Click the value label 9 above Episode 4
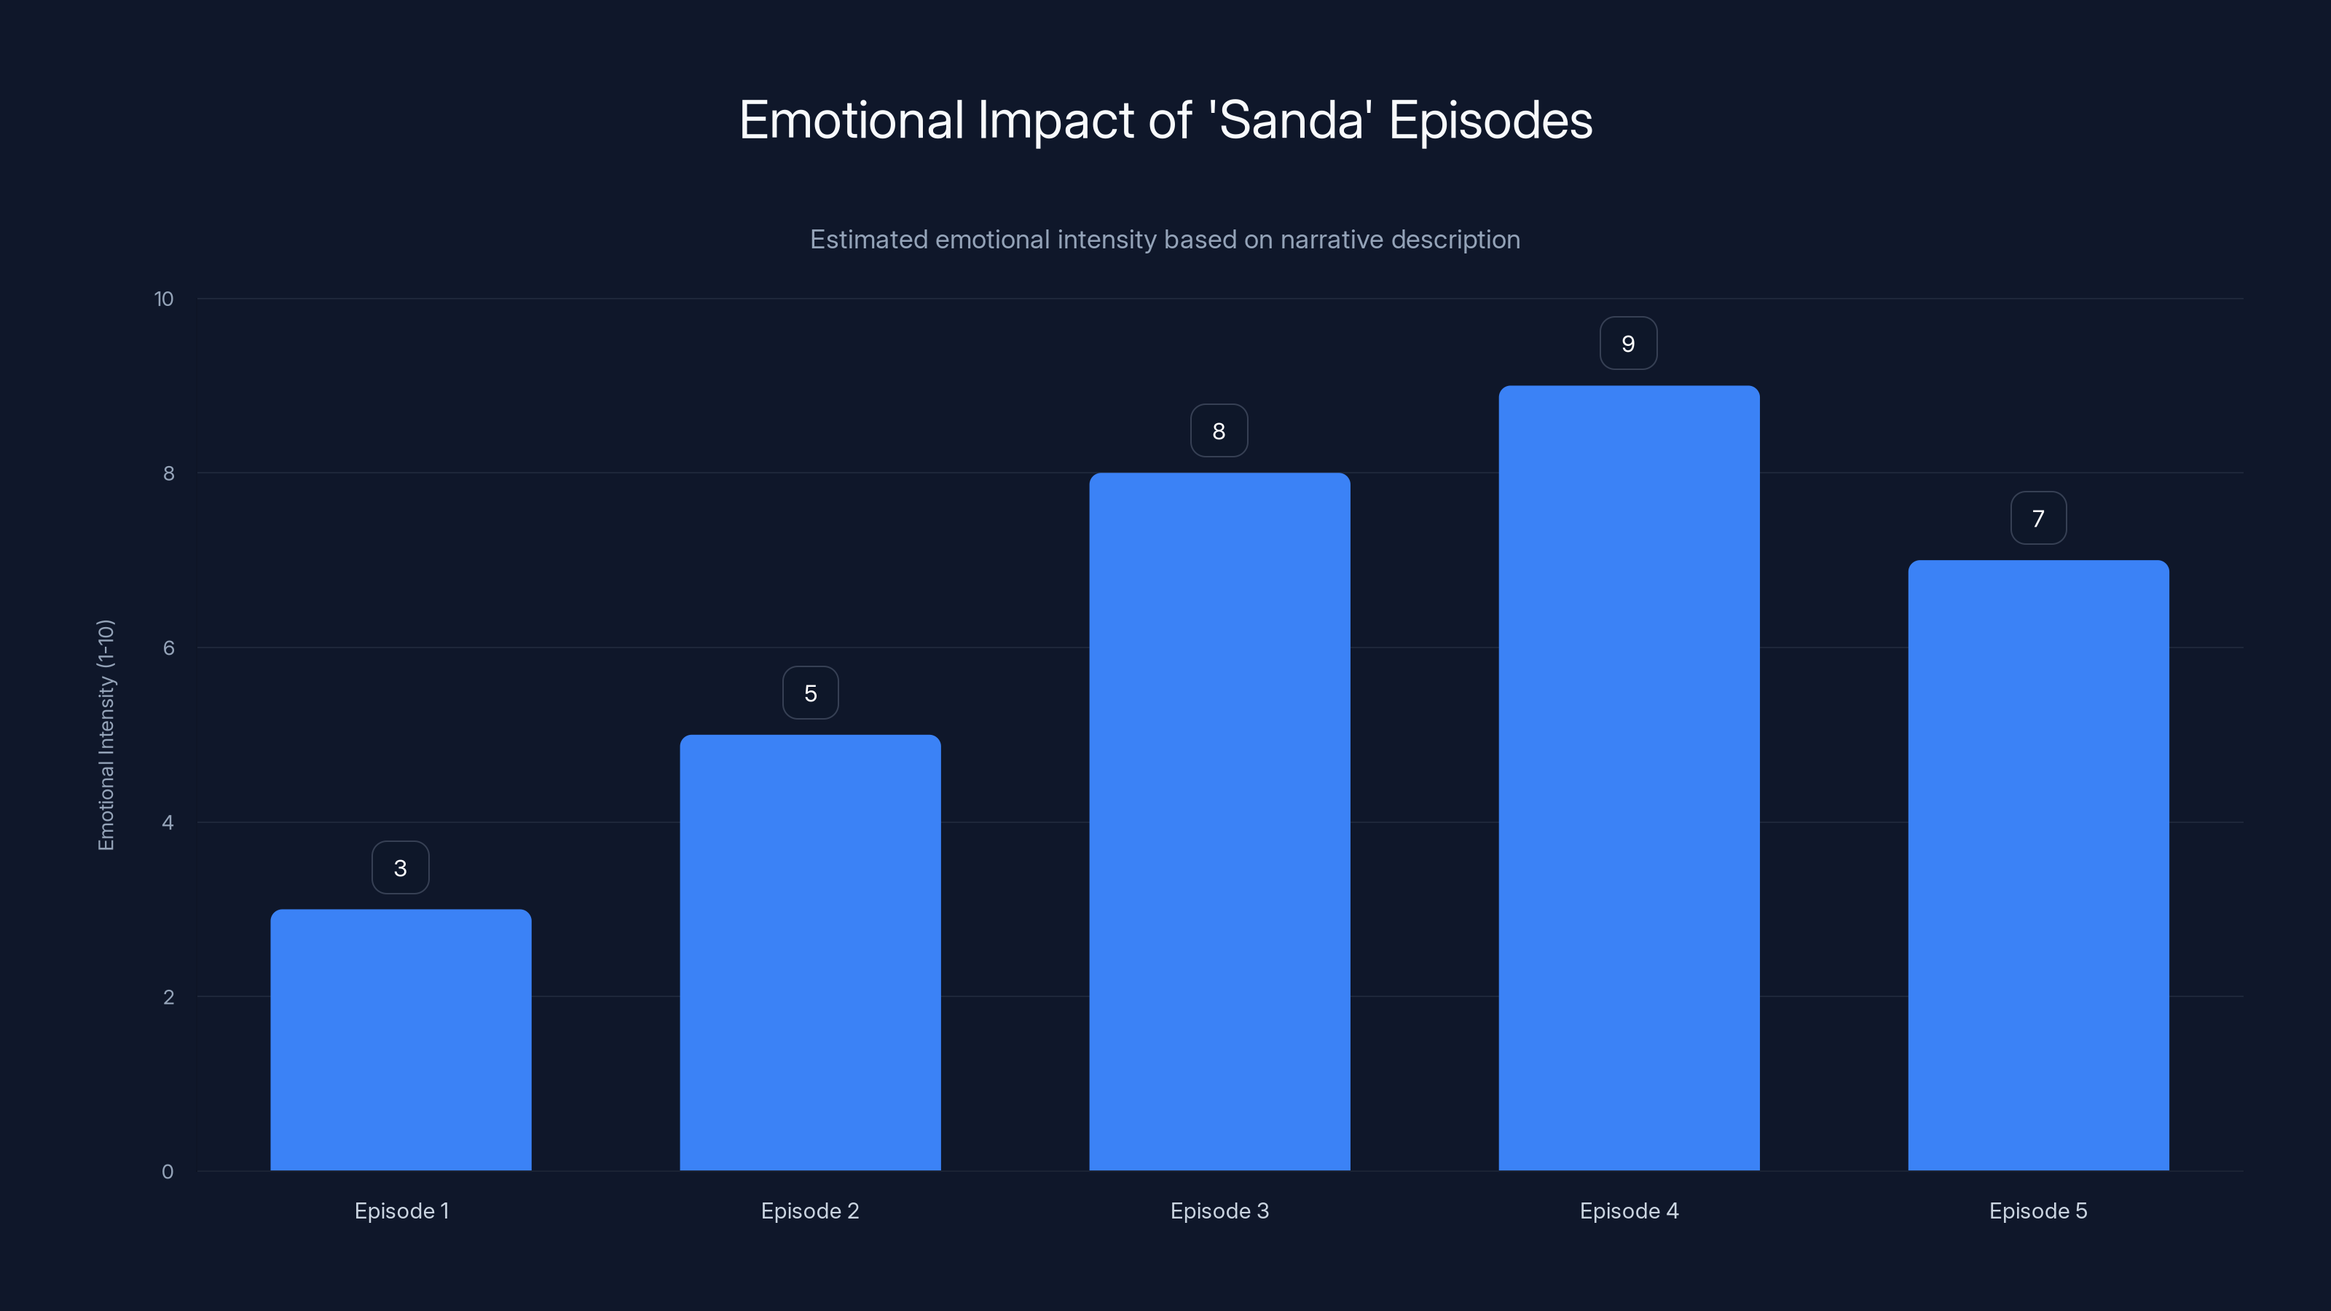click(1628, 344)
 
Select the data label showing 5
click(810, 694)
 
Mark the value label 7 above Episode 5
click(2038, 519)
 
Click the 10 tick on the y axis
click(164, 299)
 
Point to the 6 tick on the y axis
click(168, 647)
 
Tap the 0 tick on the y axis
click(168, 1172)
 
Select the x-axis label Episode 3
click(1219, 1210)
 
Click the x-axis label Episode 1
click(401, 1210)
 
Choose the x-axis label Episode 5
click(2038, 1210)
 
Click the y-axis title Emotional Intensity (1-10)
click(106, 735)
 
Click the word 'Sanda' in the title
click(1290, 120)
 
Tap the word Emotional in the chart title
click(852, 120)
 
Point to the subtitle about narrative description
click(1165, 240)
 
